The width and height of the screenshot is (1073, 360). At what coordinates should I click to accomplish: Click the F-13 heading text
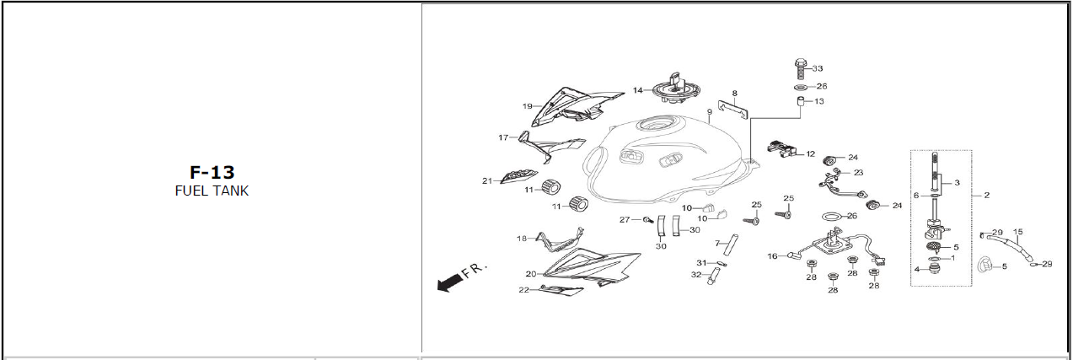point(212,173)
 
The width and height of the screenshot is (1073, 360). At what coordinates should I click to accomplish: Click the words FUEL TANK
point(212,191)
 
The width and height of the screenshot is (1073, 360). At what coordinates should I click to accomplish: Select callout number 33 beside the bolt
point(817,68)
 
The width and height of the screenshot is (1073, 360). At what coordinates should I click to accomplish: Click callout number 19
point(527,106)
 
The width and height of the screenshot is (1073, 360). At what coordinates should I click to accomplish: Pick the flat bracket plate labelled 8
point(737,108)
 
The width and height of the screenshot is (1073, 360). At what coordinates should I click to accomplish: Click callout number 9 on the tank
point(711,111)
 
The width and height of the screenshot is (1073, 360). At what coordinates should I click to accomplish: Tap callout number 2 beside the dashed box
point(986,195)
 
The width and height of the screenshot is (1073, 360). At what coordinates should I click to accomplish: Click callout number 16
point(772,256)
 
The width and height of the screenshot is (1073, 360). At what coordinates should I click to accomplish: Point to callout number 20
point(530,274)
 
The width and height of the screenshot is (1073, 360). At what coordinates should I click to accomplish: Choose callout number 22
point(523,290)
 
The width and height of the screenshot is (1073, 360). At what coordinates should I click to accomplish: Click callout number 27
point(625,220)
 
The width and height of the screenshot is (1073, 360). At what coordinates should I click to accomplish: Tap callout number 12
point(810,154)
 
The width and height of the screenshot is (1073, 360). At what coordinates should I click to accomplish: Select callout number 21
point(486,180)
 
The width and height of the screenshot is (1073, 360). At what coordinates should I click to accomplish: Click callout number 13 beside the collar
point(818,101)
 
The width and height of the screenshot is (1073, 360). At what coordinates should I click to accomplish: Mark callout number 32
point(696,275)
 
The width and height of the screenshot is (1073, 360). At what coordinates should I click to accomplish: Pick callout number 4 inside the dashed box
point(916,269)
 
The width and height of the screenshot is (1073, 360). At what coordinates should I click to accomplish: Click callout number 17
point(503,137)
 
